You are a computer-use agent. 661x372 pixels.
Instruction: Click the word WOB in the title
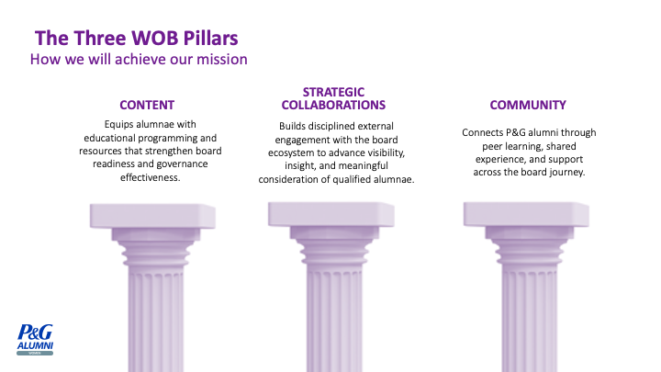pyautogui.click(x=155, y=38)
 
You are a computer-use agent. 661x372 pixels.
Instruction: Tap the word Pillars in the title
pyautogui.click(x=211, y=38)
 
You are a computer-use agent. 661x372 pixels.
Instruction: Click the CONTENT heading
pyautogui.click(x=147, y=105)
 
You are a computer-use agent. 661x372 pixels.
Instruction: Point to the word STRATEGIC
pyautogui.click(x=333, y=92)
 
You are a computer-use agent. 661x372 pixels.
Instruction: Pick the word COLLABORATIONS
pyautogui.click(x=333, y=105)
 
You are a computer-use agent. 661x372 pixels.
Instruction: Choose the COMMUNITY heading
pyautogui.click(x=528, y=105)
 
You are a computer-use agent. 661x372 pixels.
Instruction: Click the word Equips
pyautogui.click(x=118, y=125)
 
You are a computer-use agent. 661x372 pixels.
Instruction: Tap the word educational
pyautogui.click(x=109, y=138)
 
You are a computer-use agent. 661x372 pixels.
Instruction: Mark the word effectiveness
pyautogui.click(x=150, y=177)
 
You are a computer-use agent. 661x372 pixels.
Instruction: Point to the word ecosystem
pyautogui.click(x=289, y=153)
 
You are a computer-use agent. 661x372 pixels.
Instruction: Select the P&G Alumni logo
pyautogui.click(x=35, y=340)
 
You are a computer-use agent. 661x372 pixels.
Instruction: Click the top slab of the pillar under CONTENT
pyautogui.click(x=152, y=217)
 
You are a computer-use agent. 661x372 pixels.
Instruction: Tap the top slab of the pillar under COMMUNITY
pyautogui.click(x=526, y=215)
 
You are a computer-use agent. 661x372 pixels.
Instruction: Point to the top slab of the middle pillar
pyautogui.click(x=331, y=215)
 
